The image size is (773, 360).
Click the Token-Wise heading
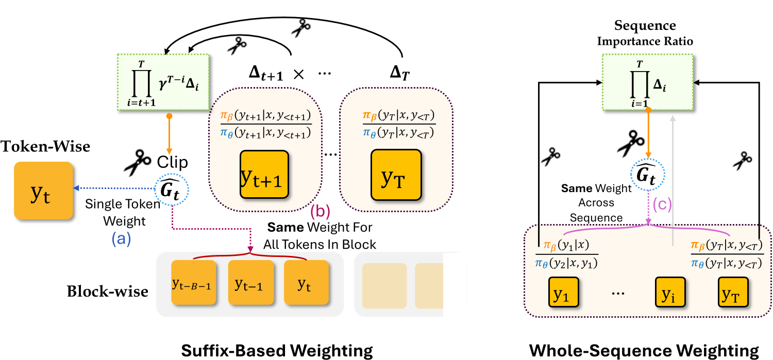45,147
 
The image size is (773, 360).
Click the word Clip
173,163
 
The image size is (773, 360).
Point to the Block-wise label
107,292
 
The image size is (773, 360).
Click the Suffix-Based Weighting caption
277,351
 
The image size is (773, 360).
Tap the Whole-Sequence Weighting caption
644,351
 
